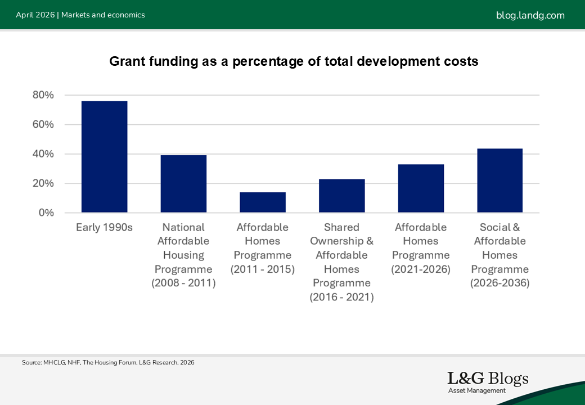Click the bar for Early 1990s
coord(104,157)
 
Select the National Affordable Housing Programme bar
coord(183,184)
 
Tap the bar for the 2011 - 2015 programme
coord(263,202)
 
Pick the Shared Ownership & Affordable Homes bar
coord(341,196)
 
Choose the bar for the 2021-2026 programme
coord(421,188)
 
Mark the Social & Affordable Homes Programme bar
coord(499,181)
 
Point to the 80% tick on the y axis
coord(43,95)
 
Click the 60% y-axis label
coord(43,124)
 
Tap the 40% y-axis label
coord(43,154)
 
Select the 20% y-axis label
coord(43,183)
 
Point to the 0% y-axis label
coord(46,213)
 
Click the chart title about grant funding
coord(294,61)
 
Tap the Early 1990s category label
coord(104,227)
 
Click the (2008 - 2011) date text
coord(183,283)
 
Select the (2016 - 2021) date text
coord(341,297)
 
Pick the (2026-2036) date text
coord(499,283)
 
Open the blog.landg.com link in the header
coord(530,15)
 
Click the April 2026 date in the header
coord(35,15)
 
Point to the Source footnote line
coord(108,363)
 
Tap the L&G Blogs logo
coord(488,381)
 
